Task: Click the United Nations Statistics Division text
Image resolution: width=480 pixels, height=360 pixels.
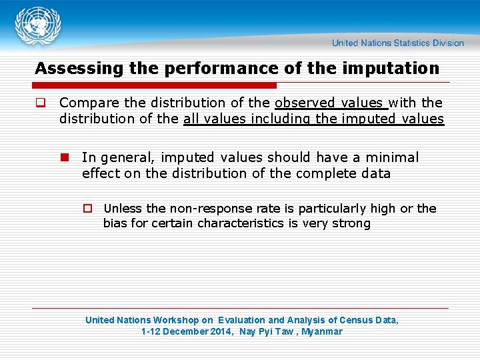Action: (x=398, y=43)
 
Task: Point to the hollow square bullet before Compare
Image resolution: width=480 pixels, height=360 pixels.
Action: (x=40, y=103)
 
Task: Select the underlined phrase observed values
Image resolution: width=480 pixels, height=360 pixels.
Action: (x=329, y=103)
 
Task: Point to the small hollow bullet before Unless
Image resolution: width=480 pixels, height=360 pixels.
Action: (x=87, y=209)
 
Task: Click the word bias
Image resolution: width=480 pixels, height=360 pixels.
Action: (x=115, y=223)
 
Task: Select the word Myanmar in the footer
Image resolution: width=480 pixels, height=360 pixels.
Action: (x=322, y=331)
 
